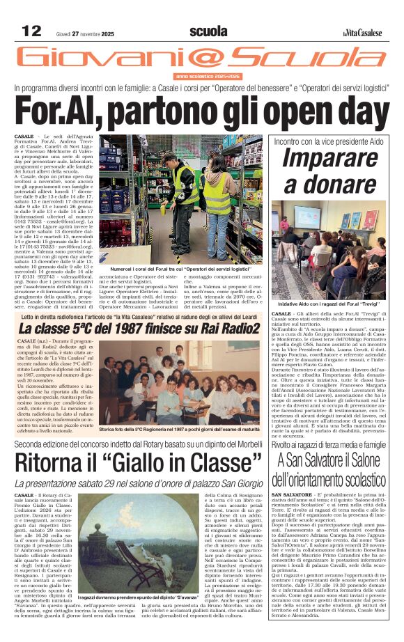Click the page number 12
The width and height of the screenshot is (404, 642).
32,31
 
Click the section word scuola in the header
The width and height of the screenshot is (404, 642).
208,31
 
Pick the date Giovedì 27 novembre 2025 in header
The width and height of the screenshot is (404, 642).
84,33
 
